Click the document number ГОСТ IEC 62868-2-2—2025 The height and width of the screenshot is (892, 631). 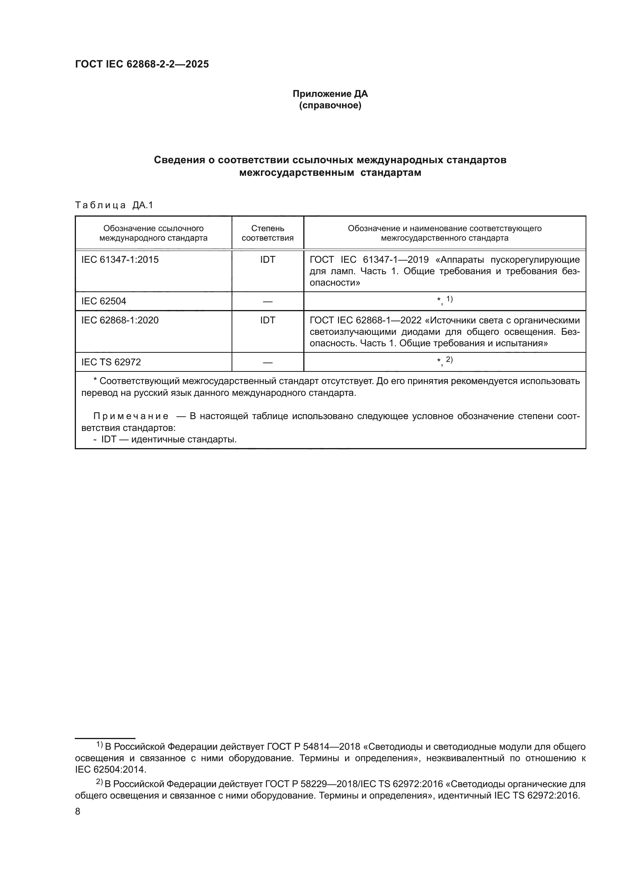point(142,64)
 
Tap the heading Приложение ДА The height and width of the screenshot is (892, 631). point(330,94)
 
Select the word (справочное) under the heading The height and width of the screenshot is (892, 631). point(330,106)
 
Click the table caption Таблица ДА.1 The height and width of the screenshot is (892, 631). point(114,205)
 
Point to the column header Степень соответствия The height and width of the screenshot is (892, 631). point(267,233)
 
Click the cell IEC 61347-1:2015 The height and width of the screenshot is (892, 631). point(120,260)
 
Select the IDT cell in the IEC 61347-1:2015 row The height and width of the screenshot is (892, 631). point(267,260)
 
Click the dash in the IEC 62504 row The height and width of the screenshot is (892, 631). point(267,302)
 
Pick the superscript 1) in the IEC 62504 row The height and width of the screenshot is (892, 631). point(449,299)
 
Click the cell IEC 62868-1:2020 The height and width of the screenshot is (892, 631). point(120,320)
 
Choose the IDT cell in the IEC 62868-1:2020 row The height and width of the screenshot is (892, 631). point(267,320)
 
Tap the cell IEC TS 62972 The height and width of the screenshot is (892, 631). point(111,362)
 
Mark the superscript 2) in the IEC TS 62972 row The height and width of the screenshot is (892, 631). point(449,360)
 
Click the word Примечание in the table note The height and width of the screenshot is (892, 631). point(131,416)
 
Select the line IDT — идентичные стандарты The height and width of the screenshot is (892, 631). point(169,439)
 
